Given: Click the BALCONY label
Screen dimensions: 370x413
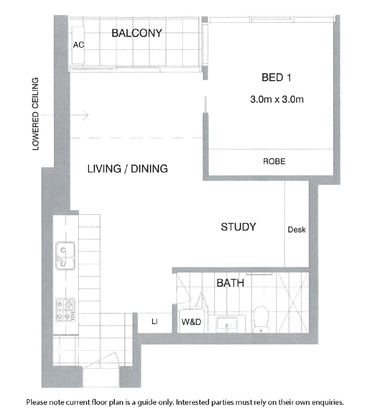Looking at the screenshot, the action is click(x=136, y=33).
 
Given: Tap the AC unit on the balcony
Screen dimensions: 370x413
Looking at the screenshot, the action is click(x=78, y=45).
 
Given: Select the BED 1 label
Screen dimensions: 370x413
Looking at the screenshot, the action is click(x=276, y=77).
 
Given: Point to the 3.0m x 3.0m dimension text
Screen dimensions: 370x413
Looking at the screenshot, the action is click(x=277, y=99).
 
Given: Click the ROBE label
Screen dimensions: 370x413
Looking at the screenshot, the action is click(x=274, y=161).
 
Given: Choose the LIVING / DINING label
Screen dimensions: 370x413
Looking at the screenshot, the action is click(x=128, y=169).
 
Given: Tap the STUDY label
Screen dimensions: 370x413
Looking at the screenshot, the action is click(x=238, y=227).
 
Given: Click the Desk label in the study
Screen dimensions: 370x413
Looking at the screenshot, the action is click(x=297, y=230).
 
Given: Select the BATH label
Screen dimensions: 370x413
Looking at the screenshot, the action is click(x=230, y=283).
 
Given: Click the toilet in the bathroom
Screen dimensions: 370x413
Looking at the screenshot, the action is click(x=261, y=319).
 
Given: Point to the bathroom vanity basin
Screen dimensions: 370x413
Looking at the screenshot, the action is click(x=227, y=324).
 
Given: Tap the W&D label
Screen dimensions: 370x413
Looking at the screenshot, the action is click(x=191, y=322).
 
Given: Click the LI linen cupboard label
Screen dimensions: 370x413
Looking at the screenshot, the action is click(x=155, y=321).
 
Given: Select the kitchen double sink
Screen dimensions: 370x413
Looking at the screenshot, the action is click(x=65, y=256).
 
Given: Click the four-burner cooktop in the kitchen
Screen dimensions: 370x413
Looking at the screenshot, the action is click(x=65, y=310).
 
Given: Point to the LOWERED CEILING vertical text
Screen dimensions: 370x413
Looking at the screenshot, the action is click(x=35, y=114).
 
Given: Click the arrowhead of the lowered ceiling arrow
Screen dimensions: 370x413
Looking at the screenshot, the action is click(x=86, y=115).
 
